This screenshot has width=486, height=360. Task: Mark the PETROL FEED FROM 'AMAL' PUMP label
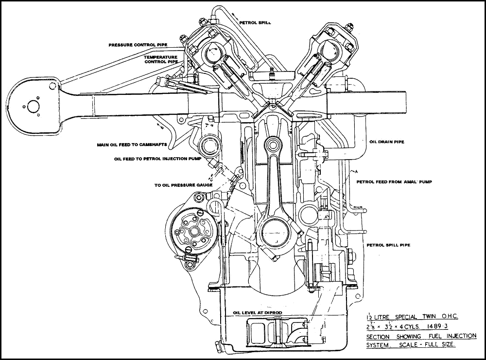(x=395, y=181)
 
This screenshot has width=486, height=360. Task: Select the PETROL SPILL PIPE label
(x=388, y=245)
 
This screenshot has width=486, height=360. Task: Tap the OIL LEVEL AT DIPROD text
(x=258, y=313)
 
